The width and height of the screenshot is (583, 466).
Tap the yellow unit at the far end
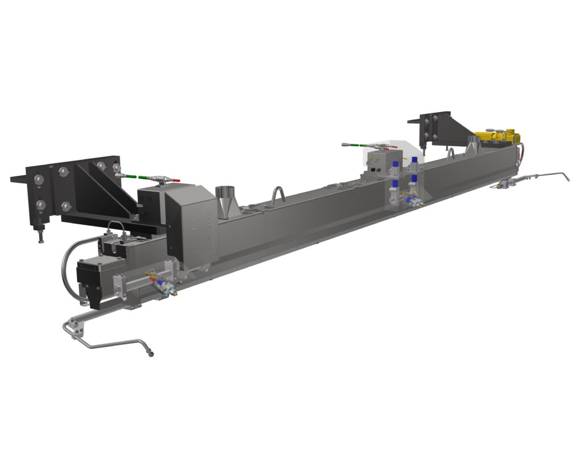coord(498,137)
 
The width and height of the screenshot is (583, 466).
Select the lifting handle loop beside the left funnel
coord(278,196)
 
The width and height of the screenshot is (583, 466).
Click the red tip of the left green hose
coord(176,180)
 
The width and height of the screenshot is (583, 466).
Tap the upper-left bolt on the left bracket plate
coord(39,180)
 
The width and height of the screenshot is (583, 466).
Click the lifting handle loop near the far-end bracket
coord(451,155)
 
